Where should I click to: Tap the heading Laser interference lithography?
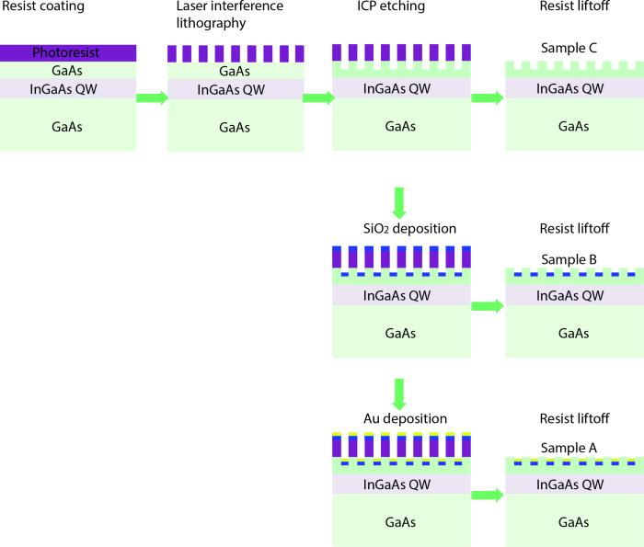pyautogui.click(x=213, y=16)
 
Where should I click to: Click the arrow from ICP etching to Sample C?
pyautogui.click(x=488, y=97)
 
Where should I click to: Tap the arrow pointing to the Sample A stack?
pyautogui.click(x=488, y=495)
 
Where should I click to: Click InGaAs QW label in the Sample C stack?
pyautogui.click(x=569, y=88)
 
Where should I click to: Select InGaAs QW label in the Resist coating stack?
pyautogui.click(x=69, y=88)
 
